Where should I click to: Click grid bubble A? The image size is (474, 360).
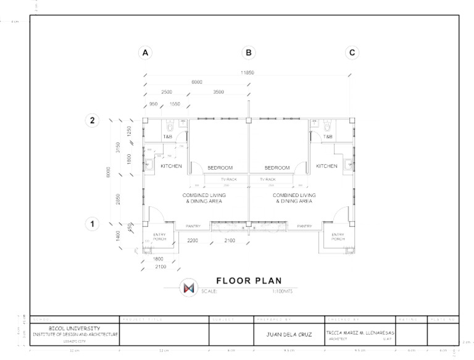pyautogui.click(x=146, y=53)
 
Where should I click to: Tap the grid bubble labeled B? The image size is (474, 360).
pyautogui.click(x=248, y=53)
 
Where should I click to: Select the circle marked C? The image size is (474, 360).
pyautogui.click(x=352, y=53)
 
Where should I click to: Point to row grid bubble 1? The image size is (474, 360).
pyautogui.click(x=92, y=224)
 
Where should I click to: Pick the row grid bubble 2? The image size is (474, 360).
pyautogui.click(x=92, y=121)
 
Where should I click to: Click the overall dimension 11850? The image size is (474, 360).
pyautogui.click(x=247, y=73)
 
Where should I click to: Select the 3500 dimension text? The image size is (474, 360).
pyautogui.click(x=218, y=91)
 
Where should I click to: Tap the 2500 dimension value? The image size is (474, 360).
pyautogui.click(x=167, y=91)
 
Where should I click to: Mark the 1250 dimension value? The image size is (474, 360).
pyautogui.click(x=130, y=131)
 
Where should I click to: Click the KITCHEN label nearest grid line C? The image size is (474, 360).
pyautogui.click(x=326, y=166)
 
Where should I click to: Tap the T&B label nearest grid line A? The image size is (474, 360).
pyautogui.click(x=167, y=136)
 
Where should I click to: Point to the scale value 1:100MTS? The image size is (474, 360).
pyautogui.click(x=281, y=291)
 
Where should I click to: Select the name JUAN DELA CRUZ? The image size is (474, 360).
pyautogui.click(x=287, y=334)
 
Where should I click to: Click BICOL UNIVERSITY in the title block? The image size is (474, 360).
pyautogui.click(x=75, y=329)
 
